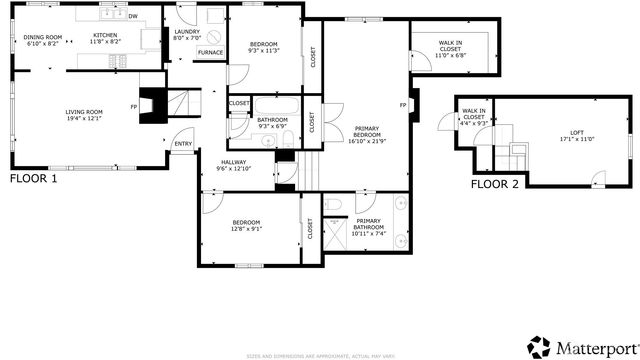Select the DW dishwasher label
pos(134,16)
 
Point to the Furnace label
pos(210,52)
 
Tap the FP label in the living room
pos(133,107)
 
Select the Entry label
pos(183,144)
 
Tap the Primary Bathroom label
pos(368,223)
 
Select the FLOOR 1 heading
pos(33,179)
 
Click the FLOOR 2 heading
pos(495,184)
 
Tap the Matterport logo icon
pos(539,345)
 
